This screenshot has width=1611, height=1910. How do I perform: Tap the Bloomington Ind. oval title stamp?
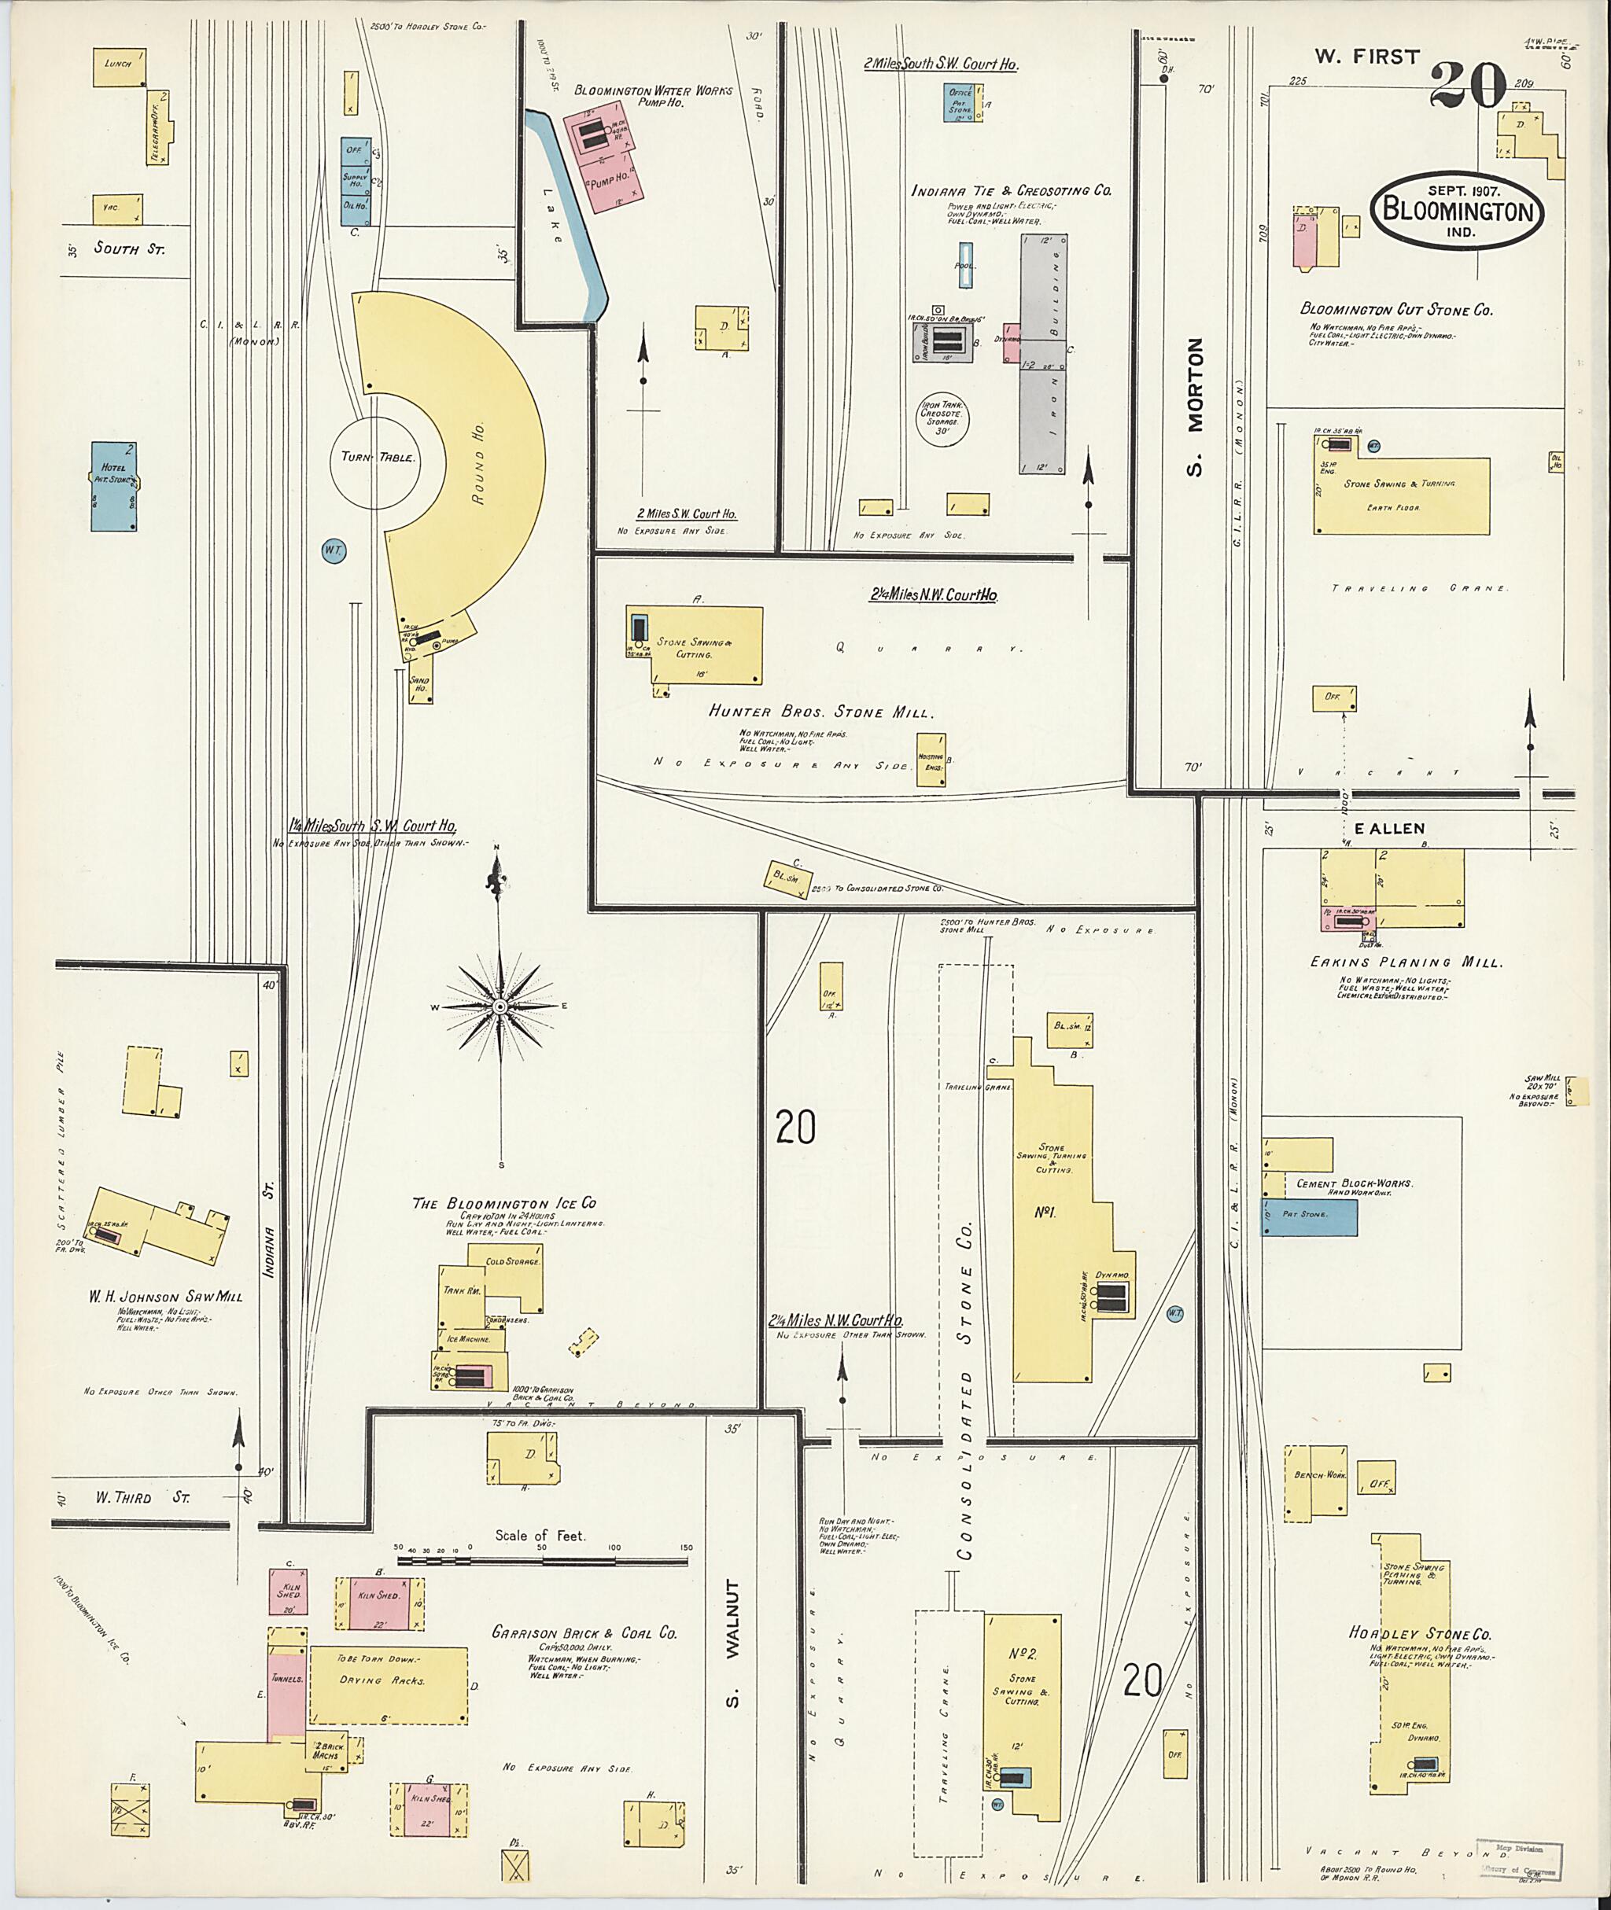pyautogui.click(x=1458, y=209)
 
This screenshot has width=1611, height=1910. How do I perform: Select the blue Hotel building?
pyautogui.click(x=113, y=487)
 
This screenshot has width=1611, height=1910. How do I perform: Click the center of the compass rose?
pyautogui.click(x=500, y=1007)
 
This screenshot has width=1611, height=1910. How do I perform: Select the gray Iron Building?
pyautogui.click(x=1044, y=352)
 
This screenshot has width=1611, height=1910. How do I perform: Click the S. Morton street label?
pyautogui.click(x=1195, y=407)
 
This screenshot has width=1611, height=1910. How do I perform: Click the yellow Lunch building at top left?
pyautogui.click(x=120, y=67)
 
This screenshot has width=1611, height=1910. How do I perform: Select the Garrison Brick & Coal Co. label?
pyautogui.click(x=584, y=1632)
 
